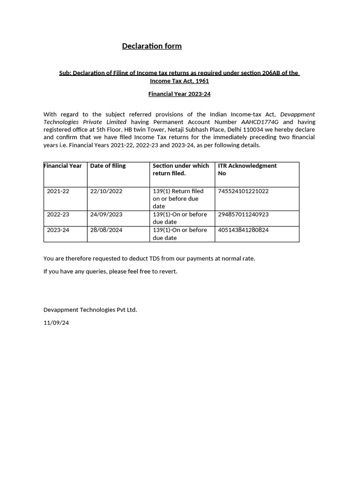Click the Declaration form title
[152, 46]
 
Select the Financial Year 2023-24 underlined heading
[180, 94]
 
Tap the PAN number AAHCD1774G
[260, 122]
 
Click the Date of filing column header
[108, 165]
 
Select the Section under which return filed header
[180, 169]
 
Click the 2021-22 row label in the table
[58, 191]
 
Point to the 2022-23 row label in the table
[58, 214]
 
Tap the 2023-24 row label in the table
[58, 230]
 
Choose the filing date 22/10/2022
[106, 191]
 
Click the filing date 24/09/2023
[106, 214]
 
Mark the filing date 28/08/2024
[106, 230]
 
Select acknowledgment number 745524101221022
[243, 191]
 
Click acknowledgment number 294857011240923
[243, 214]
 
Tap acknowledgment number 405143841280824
[243, 230]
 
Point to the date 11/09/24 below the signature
[56, 323]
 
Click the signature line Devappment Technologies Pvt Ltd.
[90, 310]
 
